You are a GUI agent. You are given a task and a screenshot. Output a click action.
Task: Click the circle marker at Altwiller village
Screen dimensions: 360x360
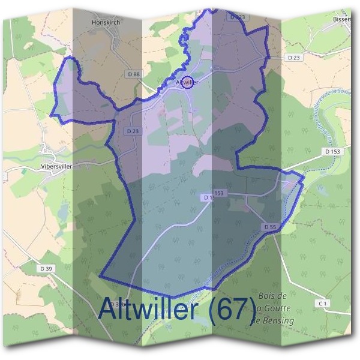click(187, 82)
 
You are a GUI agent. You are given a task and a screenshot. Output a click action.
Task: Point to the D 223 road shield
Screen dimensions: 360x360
click(238, 17)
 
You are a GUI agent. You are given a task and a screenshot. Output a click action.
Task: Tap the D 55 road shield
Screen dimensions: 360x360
click(269, 227)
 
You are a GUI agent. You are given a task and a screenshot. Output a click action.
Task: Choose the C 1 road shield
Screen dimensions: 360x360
click(323, 304)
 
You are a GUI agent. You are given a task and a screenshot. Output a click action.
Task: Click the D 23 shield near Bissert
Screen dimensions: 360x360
click(293, 58)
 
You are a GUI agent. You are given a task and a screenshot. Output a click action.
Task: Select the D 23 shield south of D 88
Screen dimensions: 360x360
click(133, 130)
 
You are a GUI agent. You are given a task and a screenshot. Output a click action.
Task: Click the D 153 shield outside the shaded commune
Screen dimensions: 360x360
click(332, 152)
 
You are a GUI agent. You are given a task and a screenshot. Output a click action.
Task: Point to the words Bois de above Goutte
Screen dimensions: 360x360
click(272, 296)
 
